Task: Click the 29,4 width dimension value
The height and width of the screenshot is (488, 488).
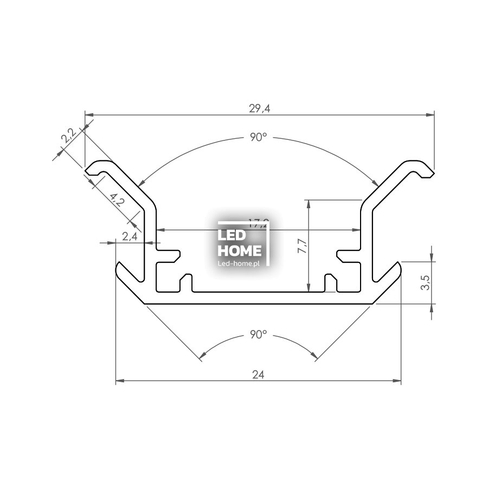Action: tap(259, 109)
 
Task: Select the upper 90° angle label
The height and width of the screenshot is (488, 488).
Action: tap(259, 138)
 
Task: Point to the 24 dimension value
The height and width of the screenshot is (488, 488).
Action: tap(259, 374)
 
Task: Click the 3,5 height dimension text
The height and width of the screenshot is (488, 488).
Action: tap(425, 282)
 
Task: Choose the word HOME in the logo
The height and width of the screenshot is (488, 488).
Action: tap(239, 251)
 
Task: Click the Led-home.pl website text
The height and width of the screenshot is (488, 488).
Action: tap(239, 263)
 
